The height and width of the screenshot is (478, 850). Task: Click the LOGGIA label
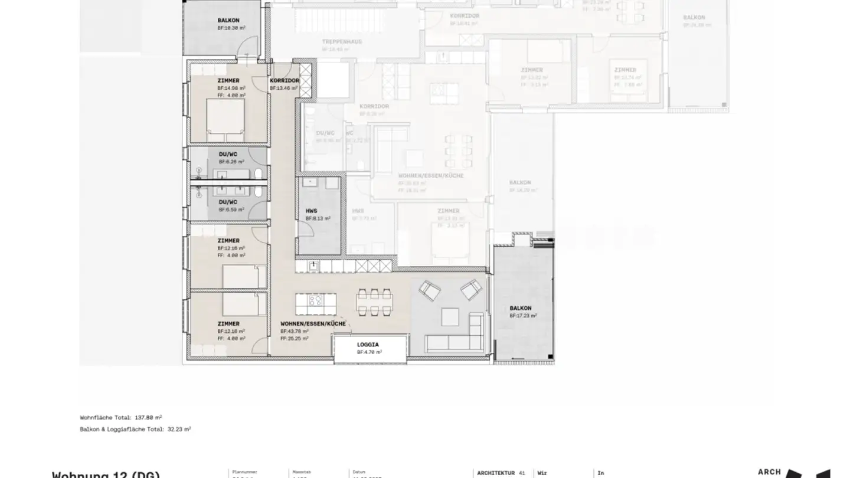[x=368, y=344]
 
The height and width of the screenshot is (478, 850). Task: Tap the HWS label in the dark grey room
[x=311, y=211]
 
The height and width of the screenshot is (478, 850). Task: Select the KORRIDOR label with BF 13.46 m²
[x=285, y=80]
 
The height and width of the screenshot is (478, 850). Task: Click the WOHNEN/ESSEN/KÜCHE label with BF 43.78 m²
[x=313, y=324]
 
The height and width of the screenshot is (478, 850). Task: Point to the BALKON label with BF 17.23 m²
[x=521, y=308]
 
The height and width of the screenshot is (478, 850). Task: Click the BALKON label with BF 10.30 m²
[x=228, y=20]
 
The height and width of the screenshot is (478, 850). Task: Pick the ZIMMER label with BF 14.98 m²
[x=228, y=80]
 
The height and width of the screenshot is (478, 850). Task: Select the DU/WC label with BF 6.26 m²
[x=228, y=154]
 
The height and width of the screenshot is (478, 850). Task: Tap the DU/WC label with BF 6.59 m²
[x=228, y=202]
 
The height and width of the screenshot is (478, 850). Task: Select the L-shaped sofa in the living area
[x=457, y=336]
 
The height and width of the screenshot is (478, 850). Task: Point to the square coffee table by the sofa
[x=450, y=317]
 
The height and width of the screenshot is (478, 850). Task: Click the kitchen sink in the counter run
[x=314, y=267]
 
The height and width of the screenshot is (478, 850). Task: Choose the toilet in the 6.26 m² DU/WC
[x=259, y=173]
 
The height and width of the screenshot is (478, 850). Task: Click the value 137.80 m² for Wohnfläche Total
[x=149, y=417]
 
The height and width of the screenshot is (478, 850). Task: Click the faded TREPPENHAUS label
[x=342, y=42]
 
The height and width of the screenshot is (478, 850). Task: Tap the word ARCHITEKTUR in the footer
[x=496, y=473]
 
